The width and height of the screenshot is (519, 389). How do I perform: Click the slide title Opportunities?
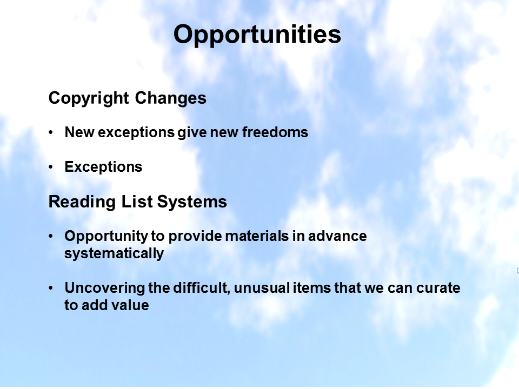coord(257,35)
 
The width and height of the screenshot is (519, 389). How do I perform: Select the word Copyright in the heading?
coord(88,98)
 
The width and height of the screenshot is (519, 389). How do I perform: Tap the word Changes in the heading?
coord(170,98)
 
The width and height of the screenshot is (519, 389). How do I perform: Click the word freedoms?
coord(275,132)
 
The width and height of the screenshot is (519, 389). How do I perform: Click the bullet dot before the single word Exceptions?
coord(51,167)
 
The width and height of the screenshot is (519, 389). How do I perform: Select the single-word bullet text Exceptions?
coord(103,167)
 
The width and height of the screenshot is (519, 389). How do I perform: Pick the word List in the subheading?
coord(137,202)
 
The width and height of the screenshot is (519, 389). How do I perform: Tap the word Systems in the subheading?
coord(192,202)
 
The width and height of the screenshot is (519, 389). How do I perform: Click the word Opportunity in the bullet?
coord(107,237)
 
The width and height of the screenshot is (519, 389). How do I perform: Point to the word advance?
coord(337,236)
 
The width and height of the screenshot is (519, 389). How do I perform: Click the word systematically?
coord(114,254)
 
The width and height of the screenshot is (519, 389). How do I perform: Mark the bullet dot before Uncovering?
coord(51,288)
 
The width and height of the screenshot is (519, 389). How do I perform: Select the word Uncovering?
coord(104,289)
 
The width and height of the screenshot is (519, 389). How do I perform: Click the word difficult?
coord(202,288)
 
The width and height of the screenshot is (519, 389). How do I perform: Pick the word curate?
coord(438,288)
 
